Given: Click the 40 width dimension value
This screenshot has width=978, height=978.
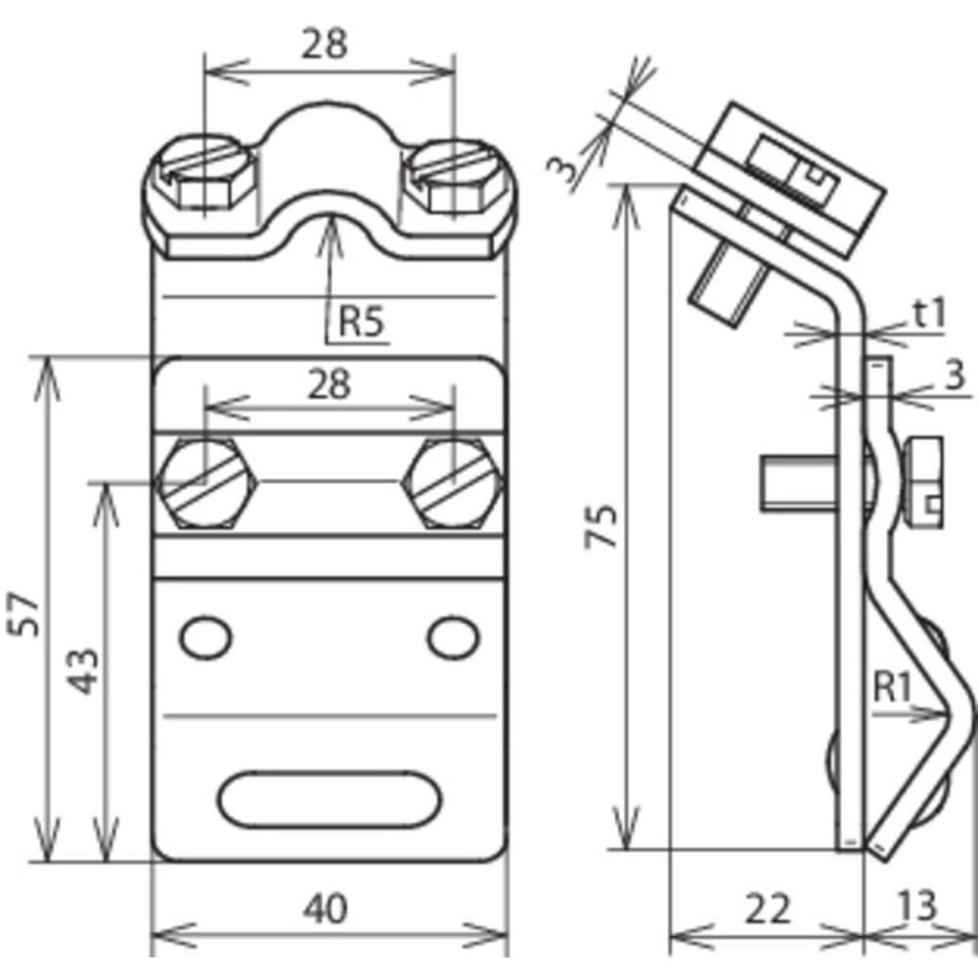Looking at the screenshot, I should coord(325,910).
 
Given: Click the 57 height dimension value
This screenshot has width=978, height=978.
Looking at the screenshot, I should coord(26,614).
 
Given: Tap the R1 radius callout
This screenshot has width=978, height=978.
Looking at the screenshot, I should coord(892,688).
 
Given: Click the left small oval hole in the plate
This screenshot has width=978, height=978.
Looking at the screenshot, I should coord(205,638).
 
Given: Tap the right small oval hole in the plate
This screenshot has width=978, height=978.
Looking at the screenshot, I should coord(453,638).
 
